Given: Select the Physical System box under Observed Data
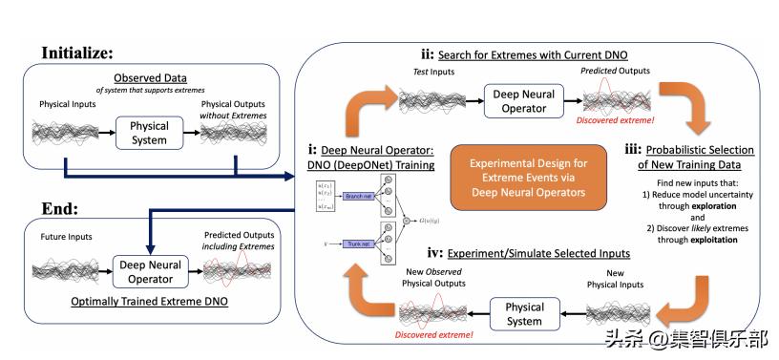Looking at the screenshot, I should tap(149, 133).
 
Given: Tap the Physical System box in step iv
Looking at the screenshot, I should tap(523, 314).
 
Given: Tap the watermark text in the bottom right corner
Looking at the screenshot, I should tap(685, 337).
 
